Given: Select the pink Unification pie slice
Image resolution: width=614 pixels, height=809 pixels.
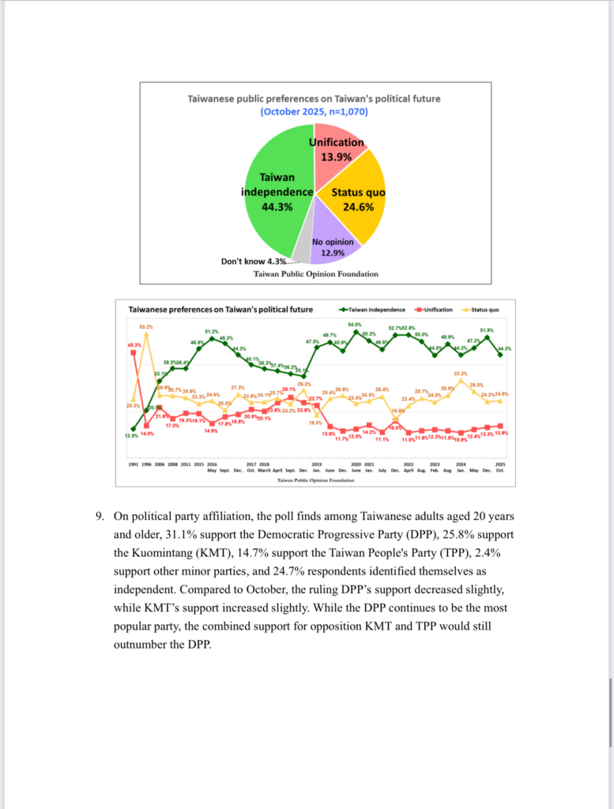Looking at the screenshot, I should pyautogui.click(x=336, y=158).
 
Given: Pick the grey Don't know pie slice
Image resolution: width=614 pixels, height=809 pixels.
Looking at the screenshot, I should pyautogui.click(x=300, y=250).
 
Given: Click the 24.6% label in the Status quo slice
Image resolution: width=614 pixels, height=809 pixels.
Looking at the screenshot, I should pyautogui.click(x=358, y=208).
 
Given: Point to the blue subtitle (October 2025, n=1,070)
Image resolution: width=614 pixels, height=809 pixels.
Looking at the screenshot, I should pyautogui.click(x=314, y=112).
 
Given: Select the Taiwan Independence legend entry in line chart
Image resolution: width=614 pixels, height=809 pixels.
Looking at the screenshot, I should pyautogui.click(x=372, y=310).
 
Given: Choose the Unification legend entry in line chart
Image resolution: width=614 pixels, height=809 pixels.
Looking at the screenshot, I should pyautogui.click(x=433, y=310).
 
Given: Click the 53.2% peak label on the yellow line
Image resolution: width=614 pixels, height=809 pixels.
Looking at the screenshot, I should pyautogui.click(x=146, y=326).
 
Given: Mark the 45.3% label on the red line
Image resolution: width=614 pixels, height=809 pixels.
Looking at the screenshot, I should pyautogui.click(x=134, y=344).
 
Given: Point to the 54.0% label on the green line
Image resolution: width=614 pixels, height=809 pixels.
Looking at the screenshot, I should pyautogui.click(x=355, y=325).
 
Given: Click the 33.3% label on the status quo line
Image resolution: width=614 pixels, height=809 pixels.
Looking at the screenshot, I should pyautogui.click(x=460, y=373).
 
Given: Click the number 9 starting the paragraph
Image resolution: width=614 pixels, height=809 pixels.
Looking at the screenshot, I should pyautogui.click(x=100, y=517).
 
